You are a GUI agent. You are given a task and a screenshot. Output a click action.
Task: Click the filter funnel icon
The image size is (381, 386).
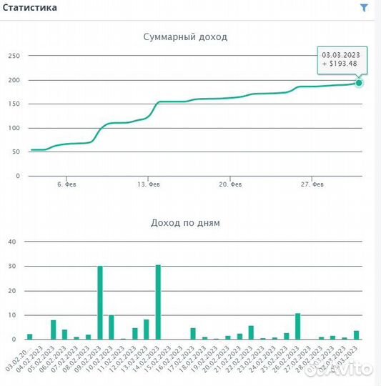pos(364,8)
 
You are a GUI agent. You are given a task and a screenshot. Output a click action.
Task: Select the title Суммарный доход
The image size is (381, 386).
pos(185,36)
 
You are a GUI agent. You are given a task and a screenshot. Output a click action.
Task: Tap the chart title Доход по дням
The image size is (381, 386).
pos(185,222)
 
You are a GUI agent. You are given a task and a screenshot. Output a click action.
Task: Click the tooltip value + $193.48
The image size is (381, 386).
pos(342,64)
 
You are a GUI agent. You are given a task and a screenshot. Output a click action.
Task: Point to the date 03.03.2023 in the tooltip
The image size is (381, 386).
pos(342,54)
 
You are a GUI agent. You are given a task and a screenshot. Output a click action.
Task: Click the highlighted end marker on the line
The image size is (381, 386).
pos(359,83)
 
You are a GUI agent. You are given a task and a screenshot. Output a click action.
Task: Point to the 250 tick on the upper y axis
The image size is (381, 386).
pos(14,56)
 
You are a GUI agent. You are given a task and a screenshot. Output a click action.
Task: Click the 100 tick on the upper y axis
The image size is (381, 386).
pos(14,128)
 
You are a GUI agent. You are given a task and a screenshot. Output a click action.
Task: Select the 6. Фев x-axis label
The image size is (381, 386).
pos(67,184)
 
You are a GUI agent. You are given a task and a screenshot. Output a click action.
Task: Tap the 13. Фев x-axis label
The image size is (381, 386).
pos(149,184)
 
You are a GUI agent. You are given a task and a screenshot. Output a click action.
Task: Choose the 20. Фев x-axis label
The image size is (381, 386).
pos(230,184)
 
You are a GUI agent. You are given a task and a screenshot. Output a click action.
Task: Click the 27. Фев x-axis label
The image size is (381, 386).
pos(312,184)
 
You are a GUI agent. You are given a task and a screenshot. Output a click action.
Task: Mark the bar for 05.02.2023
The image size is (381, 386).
pos(53,330)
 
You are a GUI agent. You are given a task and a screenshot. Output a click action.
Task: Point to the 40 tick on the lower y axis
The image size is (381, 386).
pos(11,242)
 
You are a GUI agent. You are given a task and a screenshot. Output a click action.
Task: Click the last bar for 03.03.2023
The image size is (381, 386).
pos(356,335)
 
